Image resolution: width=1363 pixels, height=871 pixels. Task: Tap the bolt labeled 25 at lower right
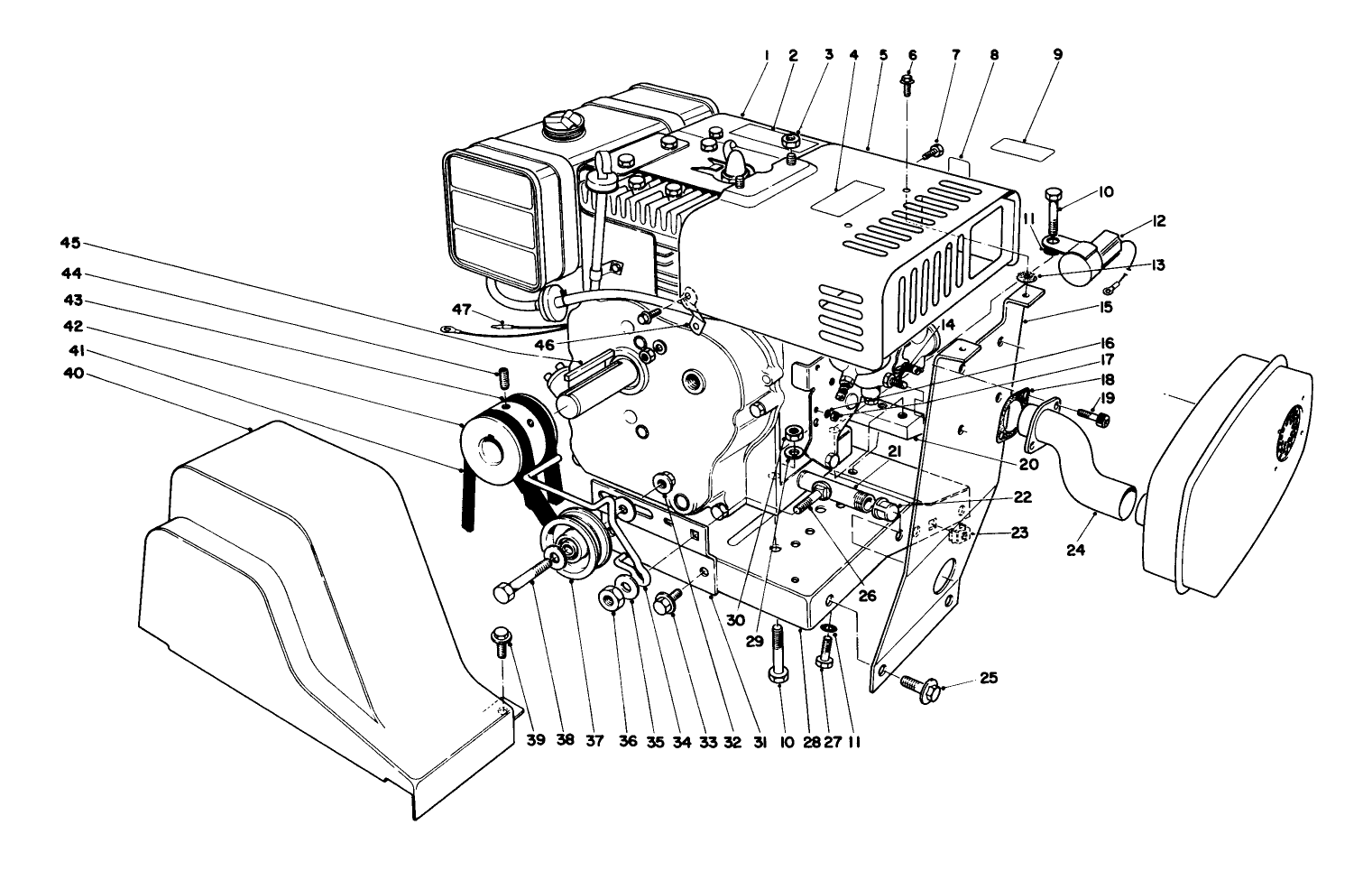coord(916,685)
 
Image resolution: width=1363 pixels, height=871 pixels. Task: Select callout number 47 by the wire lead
coord(463,310)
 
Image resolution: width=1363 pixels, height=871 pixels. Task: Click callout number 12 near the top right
coord(1133,220)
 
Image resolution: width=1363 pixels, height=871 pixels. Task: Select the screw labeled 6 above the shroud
coord(909,87)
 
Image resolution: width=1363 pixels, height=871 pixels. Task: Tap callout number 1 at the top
coord(765,55)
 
